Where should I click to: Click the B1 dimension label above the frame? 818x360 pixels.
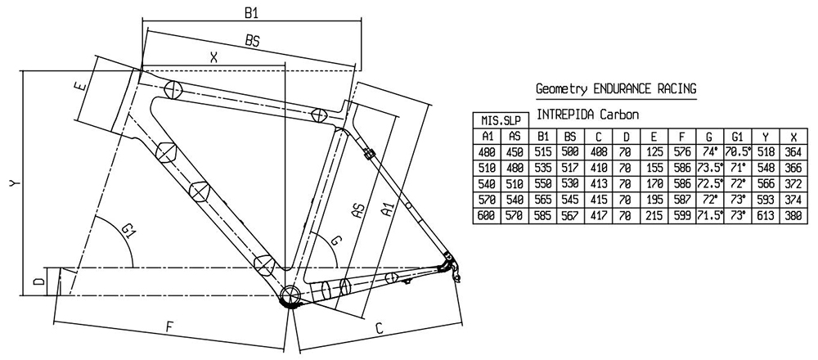(x=253, y=13)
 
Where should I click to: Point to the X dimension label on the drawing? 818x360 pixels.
(x=214, y=58)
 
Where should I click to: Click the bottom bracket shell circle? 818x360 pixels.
(x=290, y=296)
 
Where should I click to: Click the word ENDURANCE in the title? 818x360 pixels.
(x=622, y=89)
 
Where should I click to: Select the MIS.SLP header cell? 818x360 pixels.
(x=500, y=121)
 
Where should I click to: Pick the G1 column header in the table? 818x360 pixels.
(x=736, y=137)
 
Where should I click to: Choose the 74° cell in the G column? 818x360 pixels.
(x=708, y=152)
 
